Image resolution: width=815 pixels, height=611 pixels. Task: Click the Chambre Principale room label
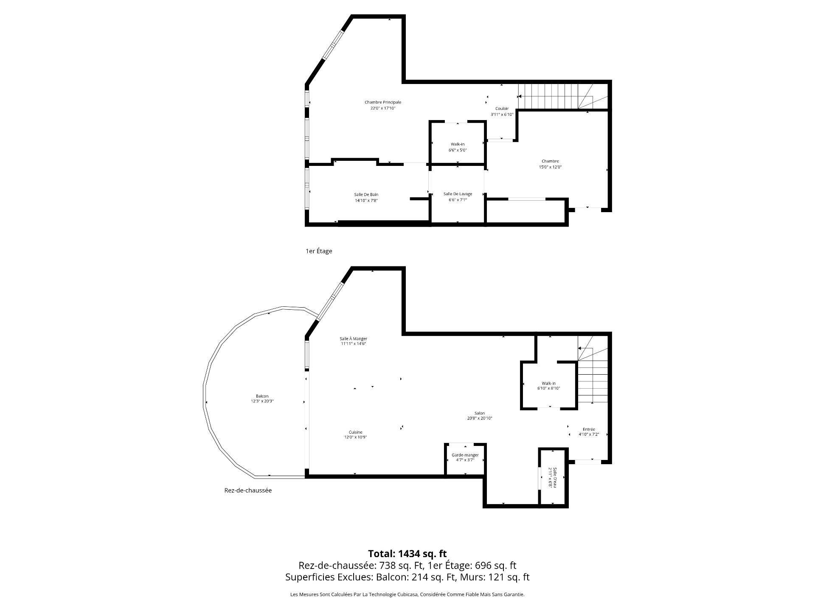tap(383, 105)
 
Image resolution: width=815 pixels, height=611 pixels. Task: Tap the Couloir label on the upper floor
tap(502, 111)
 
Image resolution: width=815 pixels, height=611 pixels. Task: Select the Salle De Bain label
tap(366, 197)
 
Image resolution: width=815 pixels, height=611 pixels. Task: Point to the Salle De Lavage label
tap(458, 197)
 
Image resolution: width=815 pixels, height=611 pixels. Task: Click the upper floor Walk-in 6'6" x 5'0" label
tap(458, 147)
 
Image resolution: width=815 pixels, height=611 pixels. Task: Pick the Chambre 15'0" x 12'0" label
tap(550, 164)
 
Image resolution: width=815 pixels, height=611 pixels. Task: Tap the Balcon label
tap(262, 398)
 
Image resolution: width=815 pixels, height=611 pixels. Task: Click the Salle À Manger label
tap(353, 341)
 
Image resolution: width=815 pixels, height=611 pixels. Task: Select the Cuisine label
tap(356, 434)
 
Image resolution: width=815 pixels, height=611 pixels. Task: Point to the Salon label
tap(480, 415)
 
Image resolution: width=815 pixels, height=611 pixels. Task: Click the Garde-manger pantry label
tap(465, 457)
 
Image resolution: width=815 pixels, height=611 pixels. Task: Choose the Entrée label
tap(589, 432)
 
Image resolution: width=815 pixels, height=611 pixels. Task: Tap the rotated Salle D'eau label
tap(552, 477)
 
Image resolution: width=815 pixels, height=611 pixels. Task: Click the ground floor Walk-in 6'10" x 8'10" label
tap(548, 386)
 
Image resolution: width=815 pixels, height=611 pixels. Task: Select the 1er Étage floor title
tap(319, 251)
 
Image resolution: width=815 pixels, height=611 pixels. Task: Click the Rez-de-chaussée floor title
tap(248, 490)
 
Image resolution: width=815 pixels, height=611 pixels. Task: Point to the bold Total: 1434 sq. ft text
tap(407, 553)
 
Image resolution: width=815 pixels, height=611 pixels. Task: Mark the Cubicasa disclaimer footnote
tap(407, 594)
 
